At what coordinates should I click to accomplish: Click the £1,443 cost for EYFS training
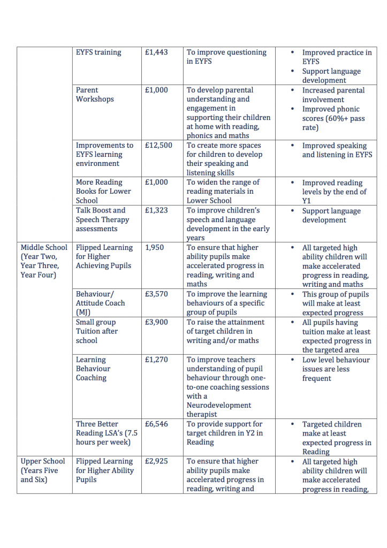click(156, 52)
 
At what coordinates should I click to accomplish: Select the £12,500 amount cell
click(158, 146)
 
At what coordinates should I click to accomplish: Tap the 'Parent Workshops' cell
click(95, 95)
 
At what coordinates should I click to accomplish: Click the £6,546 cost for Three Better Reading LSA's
click(156, 424)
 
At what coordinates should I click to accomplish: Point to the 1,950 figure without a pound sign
click(155, 248)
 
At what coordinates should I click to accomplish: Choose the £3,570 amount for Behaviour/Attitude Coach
click(156, 294)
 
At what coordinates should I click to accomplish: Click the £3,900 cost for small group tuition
click(156, 322)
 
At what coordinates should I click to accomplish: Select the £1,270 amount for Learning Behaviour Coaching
click(156, 360)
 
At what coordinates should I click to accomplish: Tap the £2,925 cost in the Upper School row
click(156, 461)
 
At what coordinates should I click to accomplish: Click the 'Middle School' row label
click(44, 248)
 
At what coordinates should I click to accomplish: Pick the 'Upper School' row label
click(43, 461)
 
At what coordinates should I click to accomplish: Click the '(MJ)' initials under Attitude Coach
click(83, 312)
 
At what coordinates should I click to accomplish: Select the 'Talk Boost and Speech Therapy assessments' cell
click(102, 219)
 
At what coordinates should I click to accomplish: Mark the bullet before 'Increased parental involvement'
click(292, 90)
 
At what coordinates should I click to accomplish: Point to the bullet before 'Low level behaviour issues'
click(292, 360)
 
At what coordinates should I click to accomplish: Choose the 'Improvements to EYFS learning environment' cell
click(104, 154)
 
